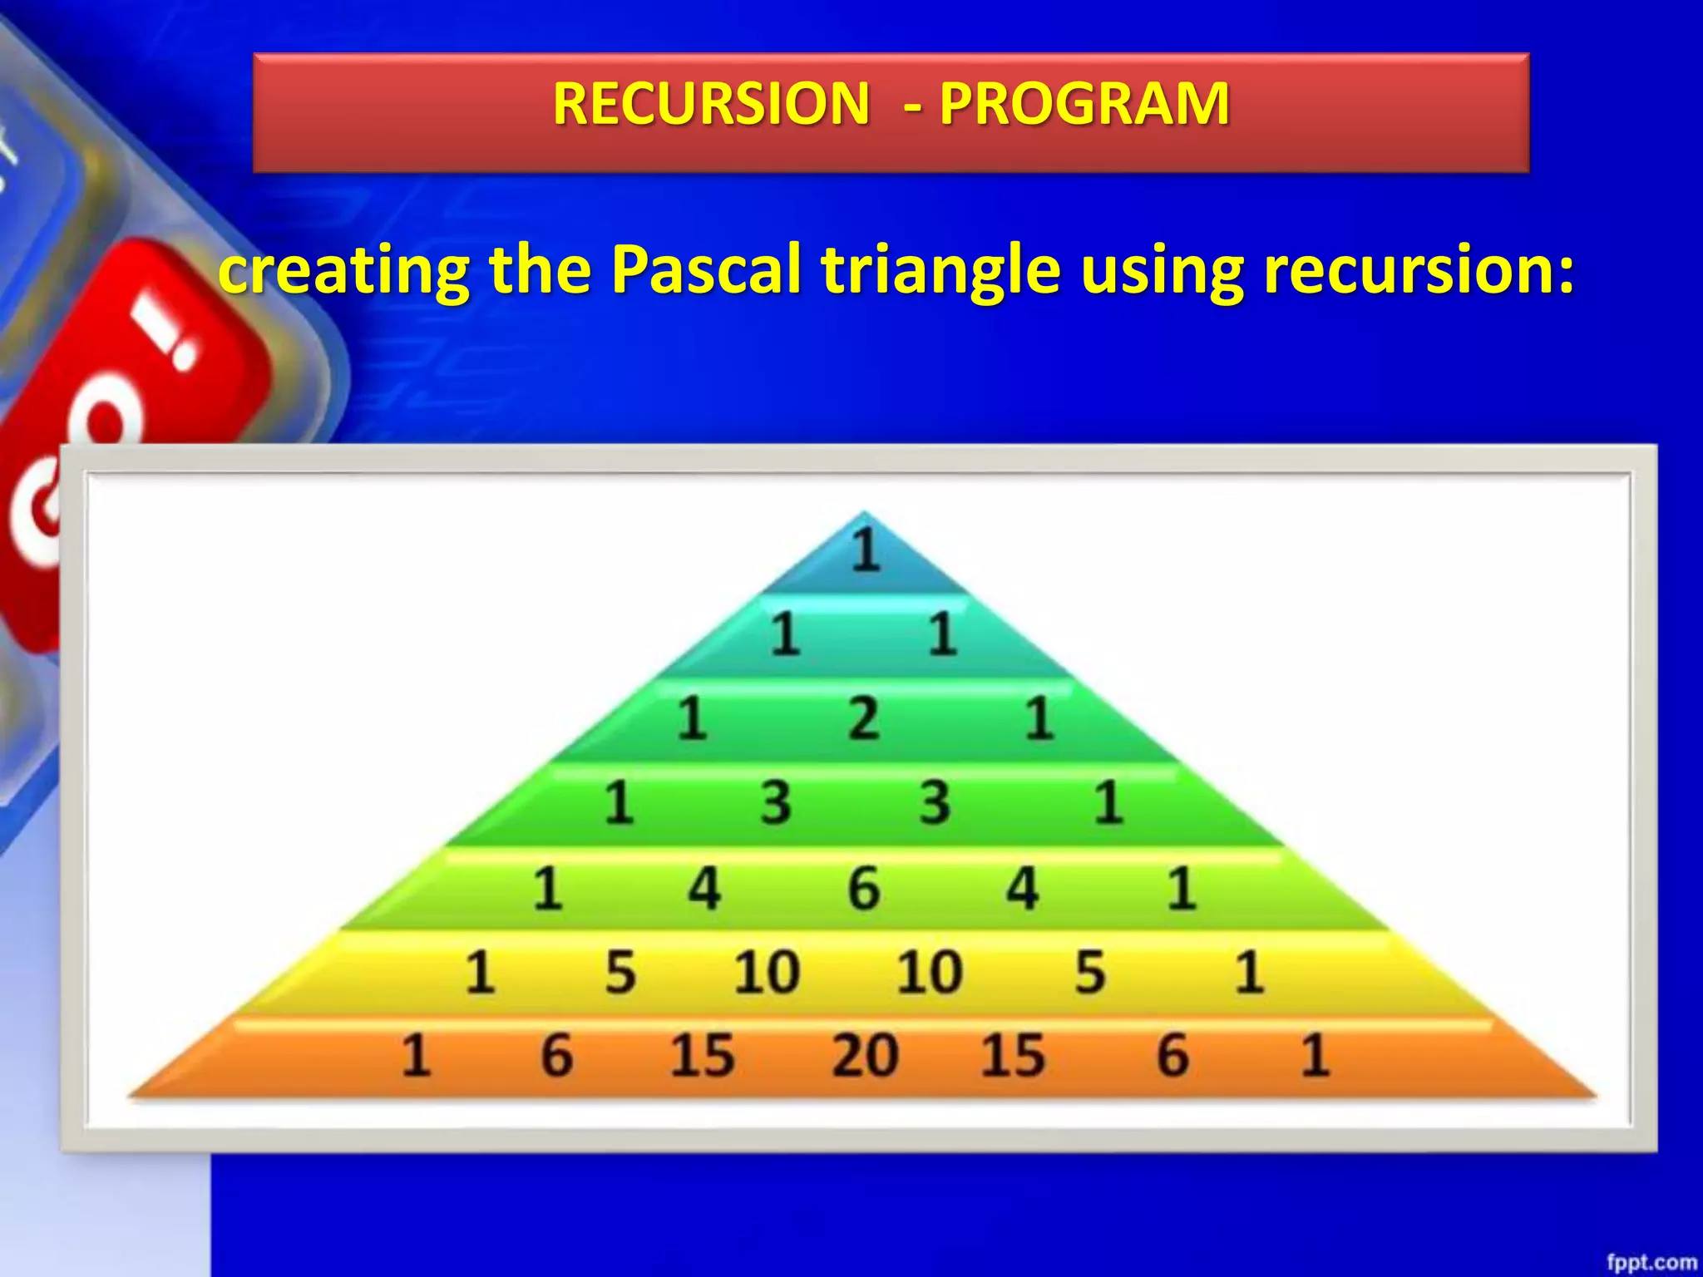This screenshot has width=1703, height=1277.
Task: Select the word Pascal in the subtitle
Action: [706, 270]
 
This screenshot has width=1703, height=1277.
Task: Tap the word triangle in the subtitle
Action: [940, 272]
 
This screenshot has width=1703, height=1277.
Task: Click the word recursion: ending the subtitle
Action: [1419, 270]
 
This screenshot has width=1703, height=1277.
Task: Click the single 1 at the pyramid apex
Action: [866, 550]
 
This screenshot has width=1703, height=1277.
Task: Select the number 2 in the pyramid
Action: [864, 719]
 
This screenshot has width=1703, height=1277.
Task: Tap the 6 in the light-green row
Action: [864, 888]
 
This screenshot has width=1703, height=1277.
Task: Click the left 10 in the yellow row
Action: [767, 972]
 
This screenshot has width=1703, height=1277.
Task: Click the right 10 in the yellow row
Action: [930, 972]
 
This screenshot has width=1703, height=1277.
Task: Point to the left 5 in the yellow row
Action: [620, 972]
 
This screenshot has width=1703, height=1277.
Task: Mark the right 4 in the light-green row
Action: [1023, 888]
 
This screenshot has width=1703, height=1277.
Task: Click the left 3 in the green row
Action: [776, 803]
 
